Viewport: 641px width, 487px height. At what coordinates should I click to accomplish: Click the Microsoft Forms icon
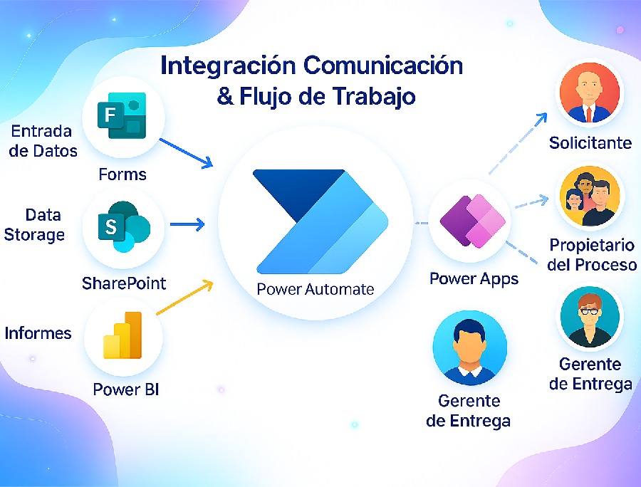122,115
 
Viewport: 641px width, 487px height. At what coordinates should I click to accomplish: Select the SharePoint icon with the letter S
124,226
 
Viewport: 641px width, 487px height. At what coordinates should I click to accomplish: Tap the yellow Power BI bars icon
123,335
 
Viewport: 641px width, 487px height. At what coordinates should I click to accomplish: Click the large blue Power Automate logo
320,221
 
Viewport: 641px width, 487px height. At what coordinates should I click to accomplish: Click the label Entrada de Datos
43,141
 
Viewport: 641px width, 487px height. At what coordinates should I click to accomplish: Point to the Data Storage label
34,225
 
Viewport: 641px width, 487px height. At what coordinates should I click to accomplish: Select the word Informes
38,333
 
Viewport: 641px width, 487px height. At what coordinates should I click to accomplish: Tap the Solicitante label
590,142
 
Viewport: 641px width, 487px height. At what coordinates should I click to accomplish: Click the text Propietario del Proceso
592,255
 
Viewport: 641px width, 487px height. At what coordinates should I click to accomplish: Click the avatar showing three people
590,196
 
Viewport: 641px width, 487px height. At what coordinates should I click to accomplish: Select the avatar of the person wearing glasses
590,317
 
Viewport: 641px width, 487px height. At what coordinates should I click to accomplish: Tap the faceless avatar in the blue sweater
470,348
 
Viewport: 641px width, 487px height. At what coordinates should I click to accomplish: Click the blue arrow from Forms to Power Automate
186,153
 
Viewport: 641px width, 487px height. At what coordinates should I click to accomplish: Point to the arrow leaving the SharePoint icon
187,224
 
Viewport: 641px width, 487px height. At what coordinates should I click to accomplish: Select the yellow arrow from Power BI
184,298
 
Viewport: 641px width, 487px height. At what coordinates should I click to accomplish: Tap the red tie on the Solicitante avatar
589,114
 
